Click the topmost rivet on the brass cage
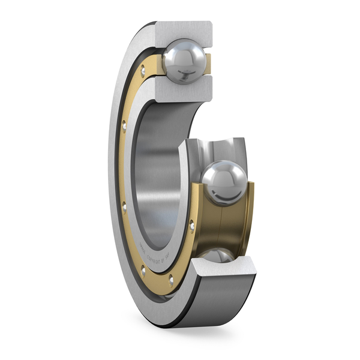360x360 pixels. coord(143,71)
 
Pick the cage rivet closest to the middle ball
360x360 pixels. coord(192,226)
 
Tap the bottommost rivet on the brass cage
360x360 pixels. coord(172,280)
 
